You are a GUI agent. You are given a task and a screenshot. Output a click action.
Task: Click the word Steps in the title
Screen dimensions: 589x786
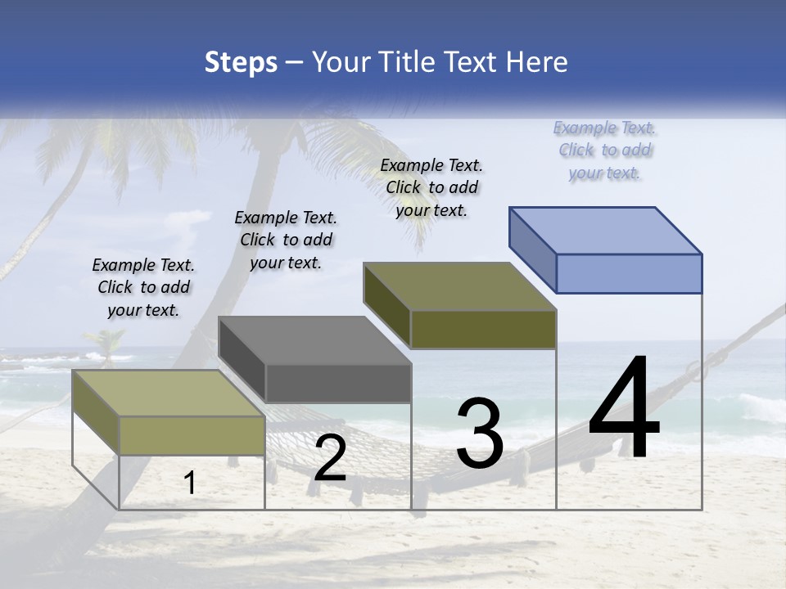241,62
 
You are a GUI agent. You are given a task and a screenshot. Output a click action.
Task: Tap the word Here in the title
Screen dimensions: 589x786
537,62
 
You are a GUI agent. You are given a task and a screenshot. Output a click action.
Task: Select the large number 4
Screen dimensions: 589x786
624,409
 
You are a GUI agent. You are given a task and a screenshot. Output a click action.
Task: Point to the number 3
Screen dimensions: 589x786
480,434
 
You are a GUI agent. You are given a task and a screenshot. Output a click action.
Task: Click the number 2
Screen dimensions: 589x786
330,458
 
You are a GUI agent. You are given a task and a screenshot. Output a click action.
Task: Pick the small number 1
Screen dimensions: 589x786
190,483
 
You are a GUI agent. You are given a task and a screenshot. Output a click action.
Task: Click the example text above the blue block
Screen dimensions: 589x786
604,151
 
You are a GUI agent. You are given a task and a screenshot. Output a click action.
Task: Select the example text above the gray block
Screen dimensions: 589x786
286,240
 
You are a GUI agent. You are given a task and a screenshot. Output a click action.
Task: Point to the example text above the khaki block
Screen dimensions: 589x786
143,287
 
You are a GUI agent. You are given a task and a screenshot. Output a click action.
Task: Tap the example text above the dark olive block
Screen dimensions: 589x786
431,187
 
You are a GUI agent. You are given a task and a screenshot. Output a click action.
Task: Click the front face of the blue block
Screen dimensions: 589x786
629,273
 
